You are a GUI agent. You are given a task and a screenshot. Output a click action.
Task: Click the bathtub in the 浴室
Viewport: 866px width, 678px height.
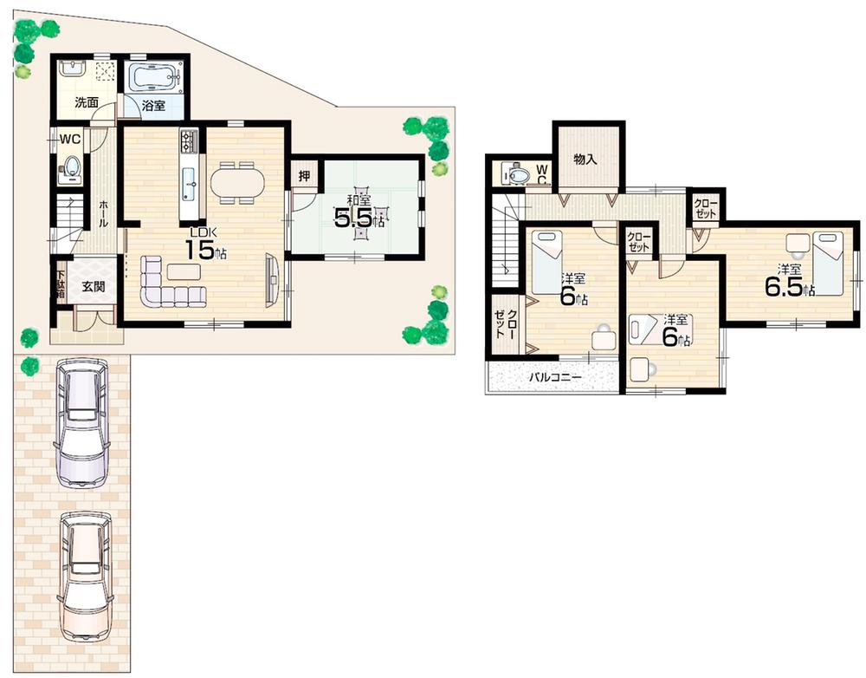pos(155,79)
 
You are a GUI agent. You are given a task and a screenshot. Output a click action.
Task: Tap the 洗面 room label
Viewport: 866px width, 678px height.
pos(86,102)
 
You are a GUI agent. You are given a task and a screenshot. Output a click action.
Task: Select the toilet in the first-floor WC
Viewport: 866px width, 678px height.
pos(71,166)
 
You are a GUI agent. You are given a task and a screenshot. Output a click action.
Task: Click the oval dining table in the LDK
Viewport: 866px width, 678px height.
pos(237,183)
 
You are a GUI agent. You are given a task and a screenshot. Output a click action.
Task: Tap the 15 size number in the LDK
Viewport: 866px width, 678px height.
pos(199,250)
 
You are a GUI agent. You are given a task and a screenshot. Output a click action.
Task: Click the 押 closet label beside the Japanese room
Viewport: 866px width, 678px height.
pos(304,176)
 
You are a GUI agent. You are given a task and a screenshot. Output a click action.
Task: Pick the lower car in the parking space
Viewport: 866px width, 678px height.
pos(84,576)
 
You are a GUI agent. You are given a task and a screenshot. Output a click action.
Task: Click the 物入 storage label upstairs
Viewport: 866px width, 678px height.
pos(586,160)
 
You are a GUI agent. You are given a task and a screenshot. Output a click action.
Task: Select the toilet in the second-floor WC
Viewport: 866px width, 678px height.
pos(519,175)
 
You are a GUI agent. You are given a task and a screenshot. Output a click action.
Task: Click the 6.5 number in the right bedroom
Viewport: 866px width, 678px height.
pos(783,287)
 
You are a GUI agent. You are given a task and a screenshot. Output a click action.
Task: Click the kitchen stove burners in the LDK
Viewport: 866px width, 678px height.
pos(190,138)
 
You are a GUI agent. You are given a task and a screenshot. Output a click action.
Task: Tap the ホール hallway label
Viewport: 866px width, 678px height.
pos(104,212)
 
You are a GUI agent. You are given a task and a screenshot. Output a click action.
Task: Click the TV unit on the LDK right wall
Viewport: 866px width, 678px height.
pos(272,278)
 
